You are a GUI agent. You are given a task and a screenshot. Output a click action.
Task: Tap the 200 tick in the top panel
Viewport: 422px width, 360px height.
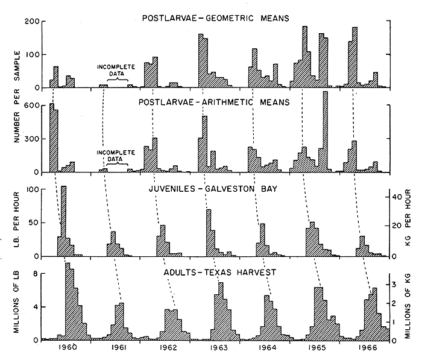pos(31,22)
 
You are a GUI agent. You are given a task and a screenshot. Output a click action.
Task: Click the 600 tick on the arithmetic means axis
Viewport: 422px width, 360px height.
pos(31,106)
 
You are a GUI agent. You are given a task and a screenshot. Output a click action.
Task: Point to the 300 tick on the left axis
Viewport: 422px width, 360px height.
pos(31,139)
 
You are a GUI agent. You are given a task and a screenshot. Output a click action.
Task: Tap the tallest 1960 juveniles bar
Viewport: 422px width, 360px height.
pos(63,220)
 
